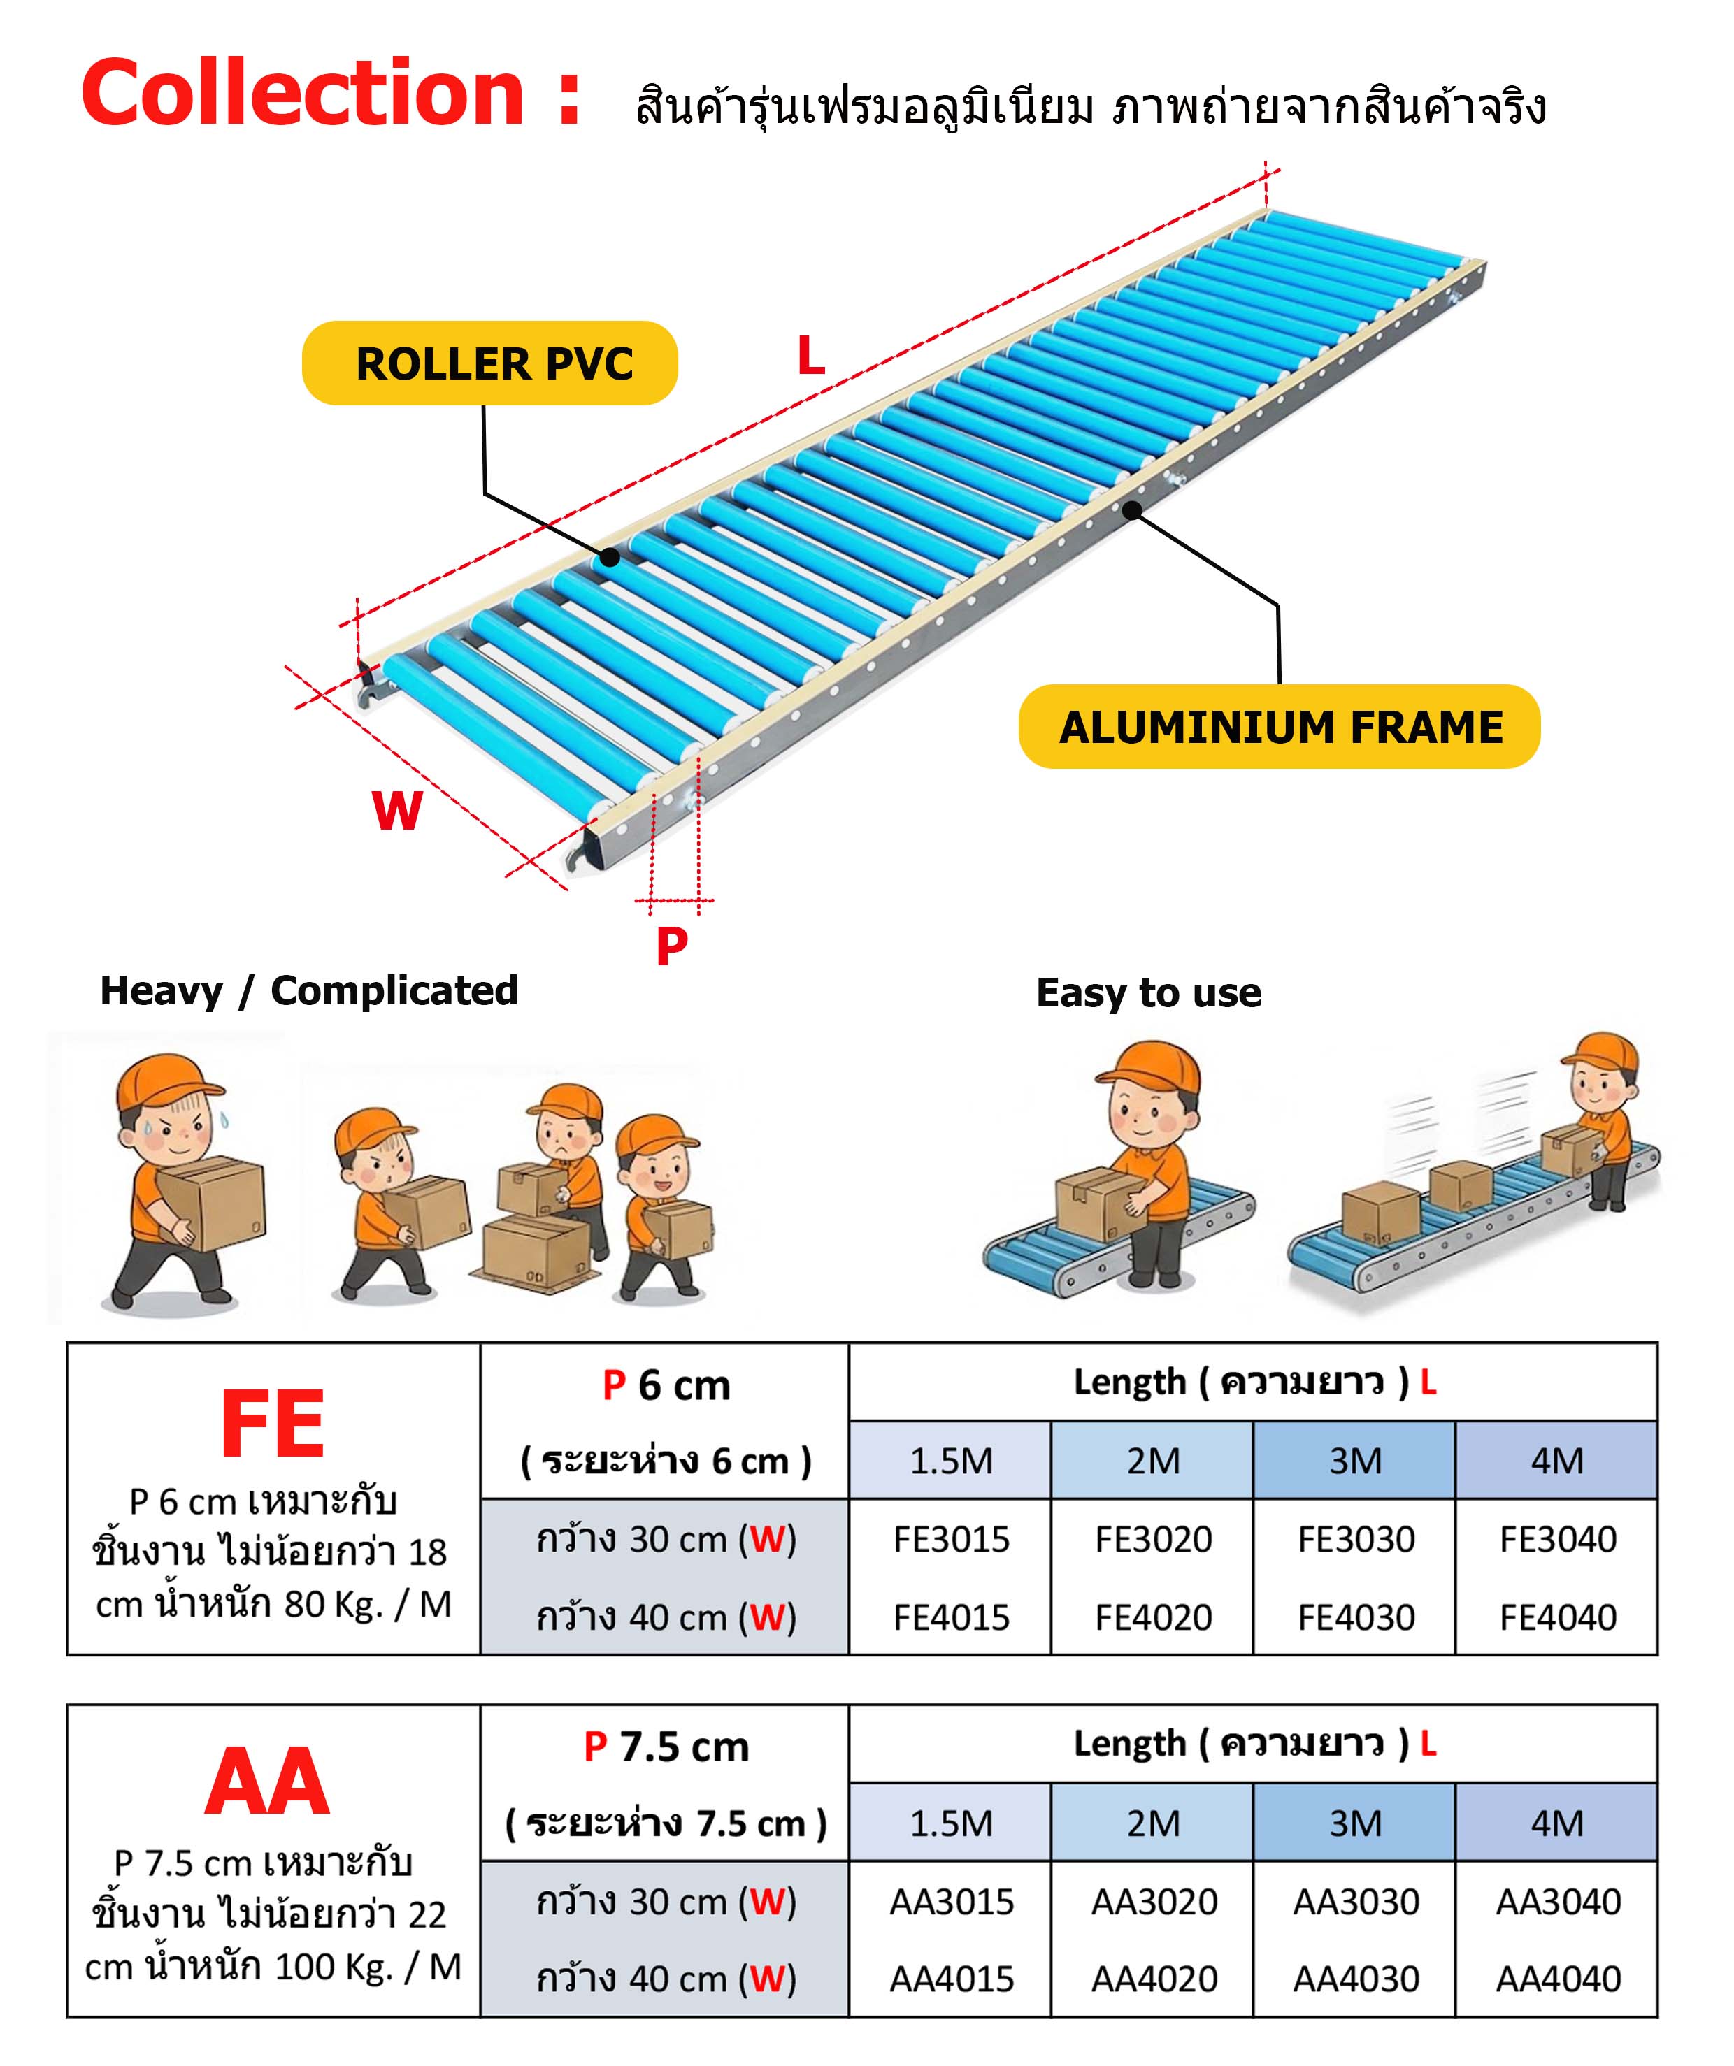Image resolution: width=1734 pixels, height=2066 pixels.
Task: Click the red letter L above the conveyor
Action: pyautogui.click(x=811, y=356)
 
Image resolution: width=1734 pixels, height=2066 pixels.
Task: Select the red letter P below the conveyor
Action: pyautogui.click(x=671, y=946)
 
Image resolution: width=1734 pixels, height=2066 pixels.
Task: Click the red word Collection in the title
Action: pyautogui.click(x=303, y=94)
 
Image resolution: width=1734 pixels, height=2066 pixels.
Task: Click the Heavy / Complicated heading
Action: pyautogui.click(x=309, y=990)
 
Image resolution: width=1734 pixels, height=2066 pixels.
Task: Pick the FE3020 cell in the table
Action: pyautogui.click(x=1154, y=1540)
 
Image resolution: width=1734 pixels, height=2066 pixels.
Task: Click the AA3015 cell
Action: pyautogui.click(x=952, y=1902)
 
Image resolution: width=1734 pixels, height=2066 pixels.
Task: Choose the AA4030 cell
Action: pyautogui.click(x=1356, y=1979)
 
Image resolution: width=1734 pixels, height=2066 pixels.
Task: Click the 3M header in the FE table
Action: pyautogui.click(x=1355, y=1461)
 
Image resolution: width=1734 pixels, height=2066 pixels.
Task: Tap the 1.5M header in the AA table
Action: pyautogui.click(x=952, y=1823)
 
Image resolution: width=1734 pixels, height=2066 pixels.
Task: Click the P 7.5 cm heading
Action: pyautogui.click(x=666, y=1747)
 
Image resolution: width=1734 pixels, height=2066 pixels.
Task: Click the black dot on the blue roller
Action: pyautogui.click(x=610, y=558)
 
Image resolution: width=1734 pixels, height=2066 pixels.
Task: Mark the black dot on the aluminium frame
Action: pyautogui.click(x=1133, y=510)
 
